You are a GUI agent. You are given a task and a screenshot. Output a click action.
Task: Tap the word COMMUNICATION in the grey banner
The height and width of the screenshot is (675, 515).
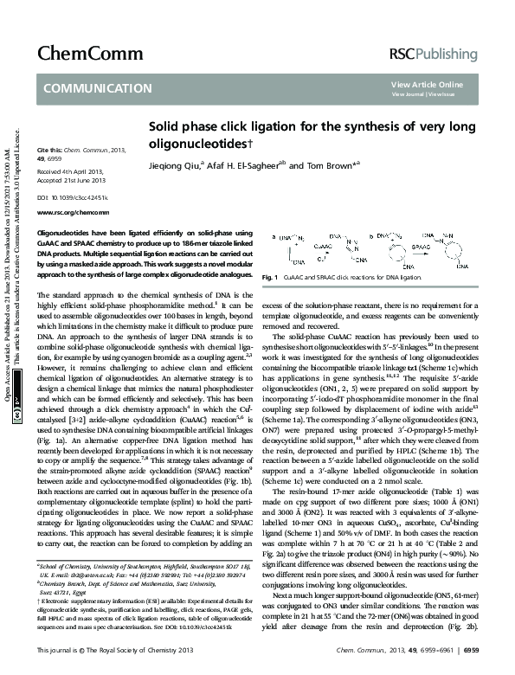[97, 88]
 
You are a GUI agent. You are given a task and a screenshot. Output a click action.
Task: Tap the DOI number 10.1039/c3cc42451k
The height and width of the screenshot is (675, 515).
[83, 198]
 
